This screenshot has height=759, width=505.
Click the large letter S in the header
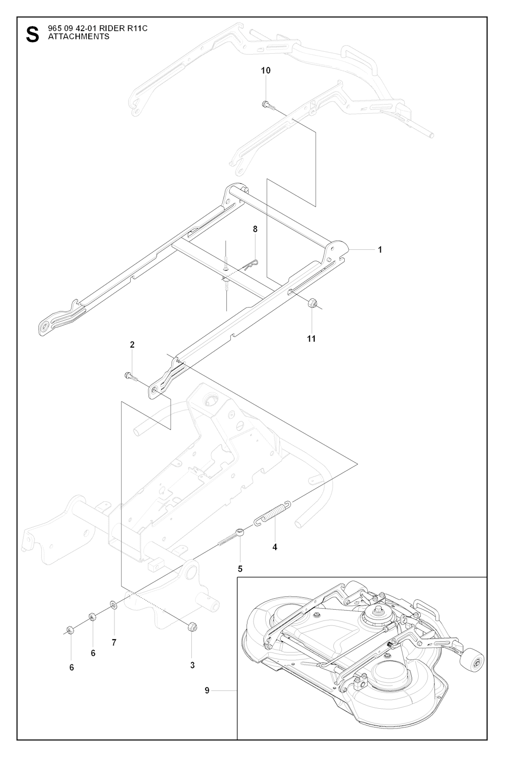tap(31, 35)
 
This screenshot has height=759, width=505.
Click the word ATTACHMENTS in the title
tap(78, 36)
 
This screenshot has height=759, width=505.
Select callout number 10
tap(266, 70)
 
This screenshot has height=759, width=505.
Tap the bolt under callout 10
tap(267, 103)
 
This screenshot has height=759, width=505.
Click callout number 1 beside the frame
tap(380, 249)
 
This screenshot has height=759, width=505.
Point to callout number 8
tap(255, 229)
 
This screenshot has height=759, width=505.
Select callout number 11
tap(311, 339)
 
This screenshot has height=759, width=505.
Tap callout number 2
tap(132, 345)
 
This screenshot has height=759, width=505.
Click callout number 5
tap(240, 568)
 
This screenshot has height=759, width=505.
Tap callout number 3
tap(192, 665)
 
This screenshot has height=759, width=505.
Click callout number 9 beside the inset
tap(207, 690)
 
